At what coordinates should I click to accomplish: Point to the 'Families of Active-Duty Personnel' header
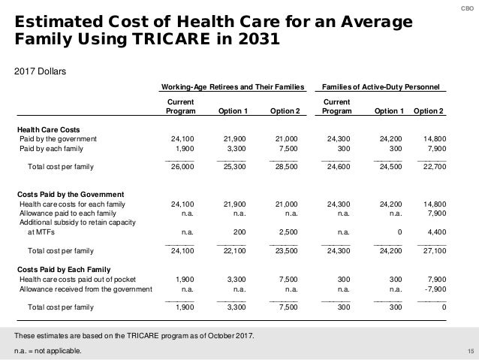click(x=381, y=87)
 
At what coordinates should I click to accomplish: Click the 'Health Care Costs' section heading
click(x=49, y=129)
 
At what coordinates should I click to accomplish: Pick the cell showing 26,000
click(x=184, y=167)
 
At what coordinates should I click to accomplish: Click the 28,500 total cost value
click(x=286, y=167)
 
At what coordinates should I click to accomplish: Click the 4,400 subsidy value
click(x=434, y=232)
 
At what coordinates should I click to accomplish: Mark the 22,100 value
click(x=235, y=250)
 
